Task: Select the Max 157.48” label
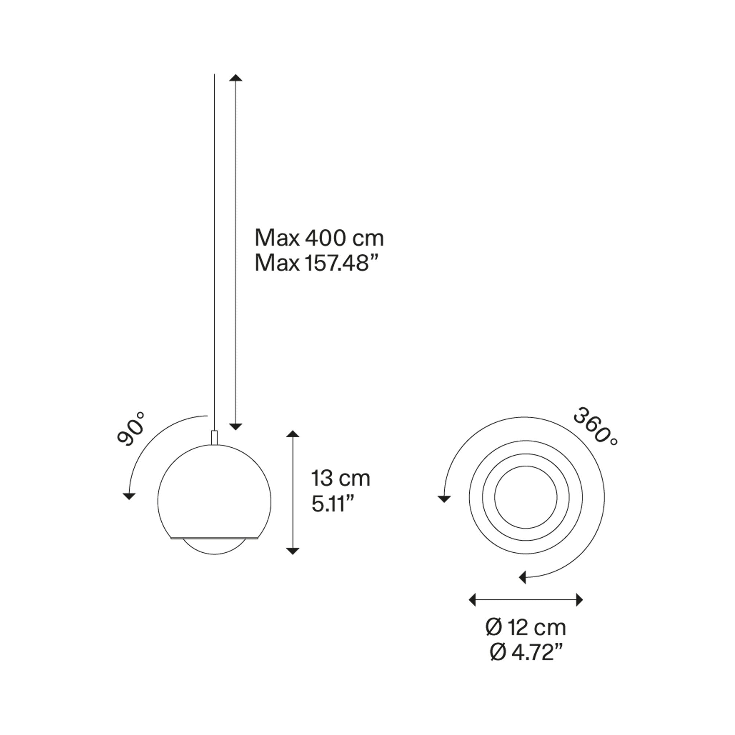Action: click(312, 263)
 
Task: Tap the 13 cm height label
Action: click(341, 478)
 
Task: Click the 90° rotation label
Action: click(131, 429)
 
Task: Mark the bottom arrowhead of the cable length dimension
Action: click(236, 426)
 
